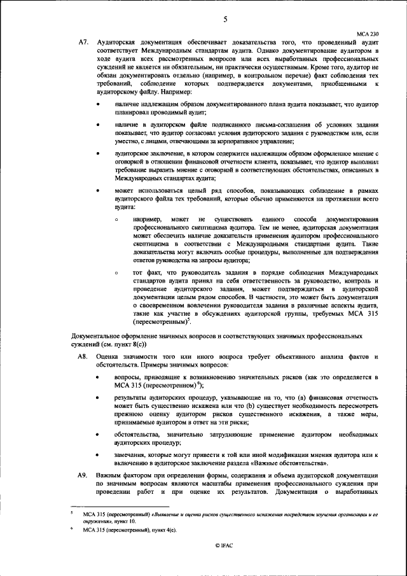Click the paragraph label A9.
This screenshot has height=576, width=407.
coord(83,475)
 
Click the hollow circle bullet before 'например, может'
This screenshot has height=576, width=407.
coord(116,220)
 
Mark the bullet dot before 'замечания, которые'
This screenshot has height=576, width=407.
coord(97,455)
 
